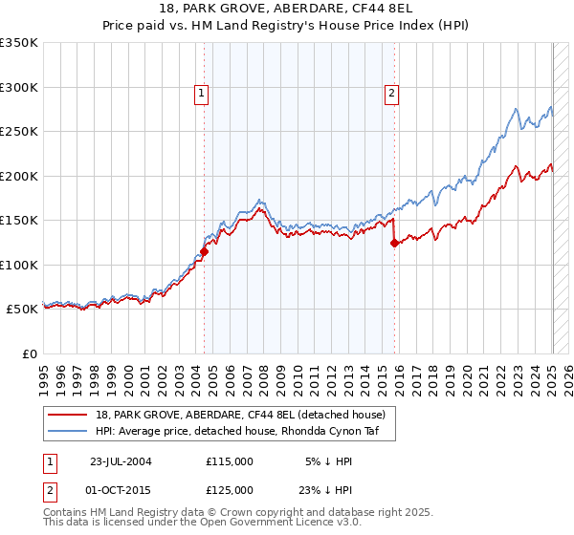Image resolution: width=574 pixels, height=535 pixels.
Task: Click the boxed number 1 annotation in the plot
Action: pos(202,94)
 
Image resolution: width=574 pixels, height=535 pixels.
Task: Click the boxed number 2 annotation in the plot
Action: pos(392,94)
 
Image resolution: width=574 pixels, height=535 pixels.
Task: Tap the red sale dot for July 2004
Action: pos(204,252)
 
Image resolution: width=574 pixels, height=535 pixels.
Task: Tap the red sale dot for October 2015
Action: pos(394,243)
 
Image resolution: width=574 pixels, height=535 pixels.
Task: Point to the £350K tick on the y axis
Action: pos(19,43)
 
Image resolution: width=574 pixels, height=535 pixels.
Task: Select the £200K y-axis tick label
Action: pos(19,176)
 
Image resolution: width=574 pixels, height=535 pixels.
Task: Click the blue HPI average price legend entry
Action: pos(238,432)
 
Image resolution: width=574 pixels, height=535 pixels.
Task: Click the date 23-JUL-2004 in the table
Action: pos(121,460)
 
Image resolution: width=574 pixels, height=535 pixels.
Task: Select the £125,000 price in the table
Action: pos(230,489)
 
